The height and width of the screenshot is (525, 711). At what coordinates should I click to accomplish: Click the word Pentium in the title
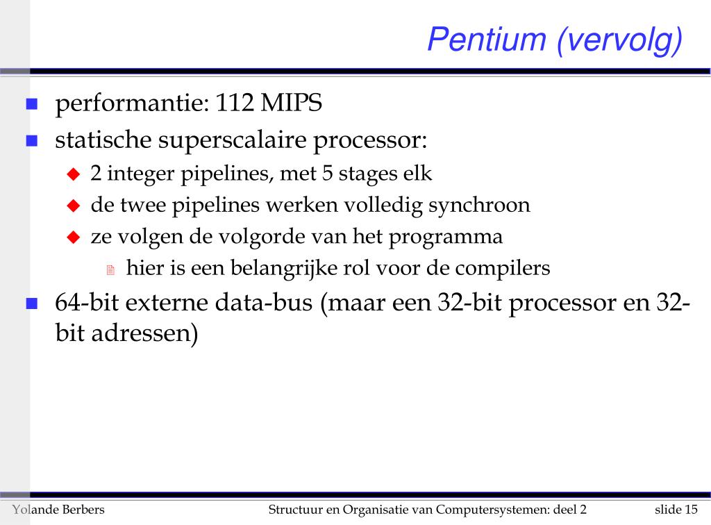487,39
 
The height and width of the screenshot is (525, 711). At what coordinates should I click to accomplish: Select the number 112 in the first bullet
234,102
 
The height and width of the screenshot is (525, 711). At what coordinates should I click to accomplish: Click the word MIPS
291,102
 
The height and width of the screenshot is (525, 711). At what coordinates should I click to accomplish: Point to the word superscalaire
232,140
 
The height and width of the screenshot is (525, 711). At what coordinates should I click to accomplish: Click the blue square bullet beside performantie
32,104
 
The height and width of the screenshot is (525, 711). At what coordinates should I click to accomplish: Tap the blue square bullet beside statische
32,140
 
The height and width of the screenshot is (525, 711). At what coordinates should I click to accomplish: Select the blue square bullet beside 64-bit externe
32,303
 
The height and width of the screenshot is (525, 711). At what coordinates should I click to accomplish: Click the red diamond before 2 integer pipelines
74,174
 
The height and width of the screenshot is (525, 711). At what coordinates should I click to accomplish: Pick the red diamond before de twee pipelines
74,206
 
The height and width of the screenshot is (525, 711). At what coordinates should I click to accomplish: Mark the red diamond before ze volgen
74,237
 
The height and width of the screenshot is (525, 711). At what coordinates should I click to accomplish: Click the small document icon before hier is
110,269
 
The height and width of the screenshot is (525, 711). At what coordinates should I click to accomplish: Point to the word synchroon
479,206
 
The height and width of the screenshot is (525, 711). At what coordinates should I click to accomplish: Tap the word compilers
503,268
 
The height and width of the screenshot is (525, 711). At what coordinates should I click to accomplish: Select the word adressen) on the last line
144,333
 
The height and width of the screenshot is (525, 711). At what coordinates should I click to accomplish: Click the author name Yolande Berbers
58,510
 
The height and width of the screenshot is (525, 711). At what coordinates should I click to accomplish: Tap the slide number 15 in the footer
691,510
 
